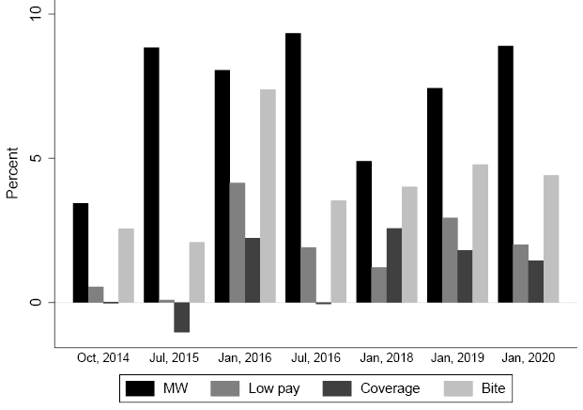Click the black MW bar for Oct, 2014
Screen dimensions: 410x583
(x=81, y=253)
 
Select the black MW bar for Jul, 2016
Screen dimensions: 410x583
(x=293, y=168)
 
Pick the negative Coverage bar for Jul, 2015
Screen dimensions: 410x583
(x=181, y=317)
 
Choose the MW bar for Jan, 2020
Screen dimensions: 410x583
(x=505, y=174)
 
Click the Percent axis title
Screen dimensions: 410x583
(x=13, y=173)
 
